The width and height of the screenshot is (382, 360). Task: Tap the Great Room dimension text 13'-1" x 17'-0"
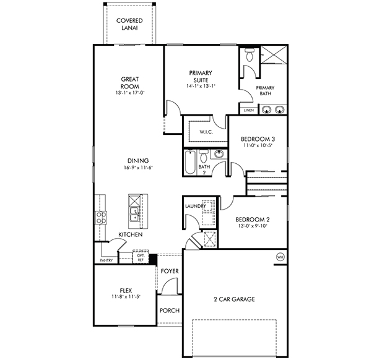click(130, 93)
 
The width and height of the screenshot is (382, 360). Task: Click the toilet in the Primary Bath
click(249, 56)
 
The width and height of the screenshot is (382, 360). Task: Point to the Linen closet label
click(248, 111)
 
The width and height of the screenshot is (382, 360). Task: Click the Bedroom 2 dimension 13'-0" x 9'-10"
click(252, 226)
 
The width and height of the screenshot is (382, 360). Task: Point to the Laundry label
click(195, 206)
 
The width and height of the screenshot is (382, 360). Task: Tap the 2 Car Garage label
click(233, 299)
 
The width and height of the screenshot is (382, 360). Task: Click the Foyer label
click(169, 271)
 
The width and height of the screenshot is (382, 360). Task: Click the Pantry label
click(106, 260)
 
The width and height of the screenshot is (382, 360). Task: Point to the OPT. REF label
click(141, 257)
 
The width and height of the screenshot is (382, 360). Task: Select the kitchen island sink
click(134, 215)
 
